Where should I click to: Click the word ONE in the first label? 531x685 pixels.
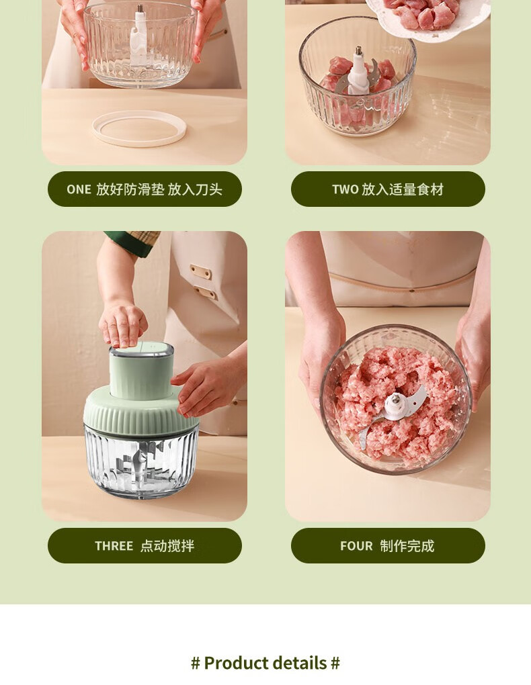pos(79,189)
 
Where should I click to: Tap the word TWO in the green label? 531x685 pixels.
pos(345,189)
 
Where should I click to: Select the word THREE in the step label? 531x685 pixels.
pos(114,545)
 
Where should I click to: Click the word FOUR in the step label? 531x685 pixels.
pos(356,545)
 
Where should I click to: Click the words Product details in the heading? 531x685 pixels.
pos(265,663)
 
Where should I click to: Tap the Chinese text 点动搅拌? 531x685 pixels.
pos(167,545)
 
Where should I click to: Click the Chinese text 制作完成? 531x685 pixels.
pos(407,545)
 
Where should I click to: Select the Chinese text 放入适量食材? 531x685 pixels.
pos(403,189)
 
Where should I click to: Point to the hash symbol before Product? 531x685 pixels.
pos(196,663)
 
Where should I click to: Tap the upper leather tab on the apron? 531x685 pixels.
pos(201,272)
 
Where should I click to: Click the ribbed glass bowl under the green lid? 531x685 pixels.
pos(141,463)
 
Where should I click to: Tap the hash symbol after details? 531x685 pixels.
pos(335,663)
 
